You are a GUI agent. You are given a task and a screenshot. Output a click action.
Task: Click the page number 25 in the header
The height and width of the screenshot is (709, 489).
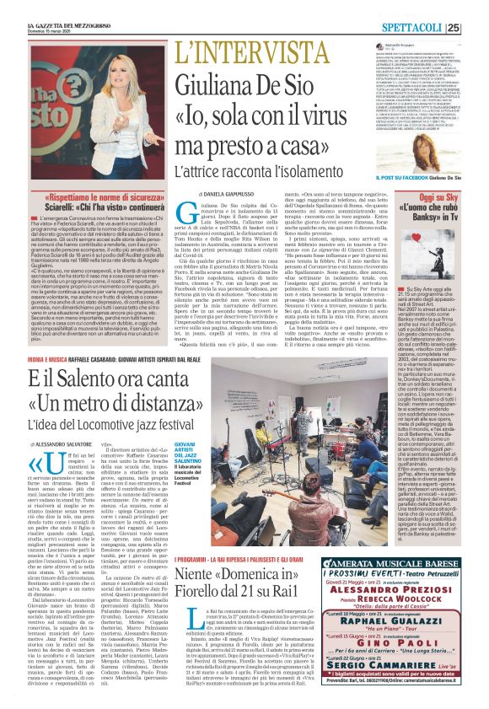coord(477,26)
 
